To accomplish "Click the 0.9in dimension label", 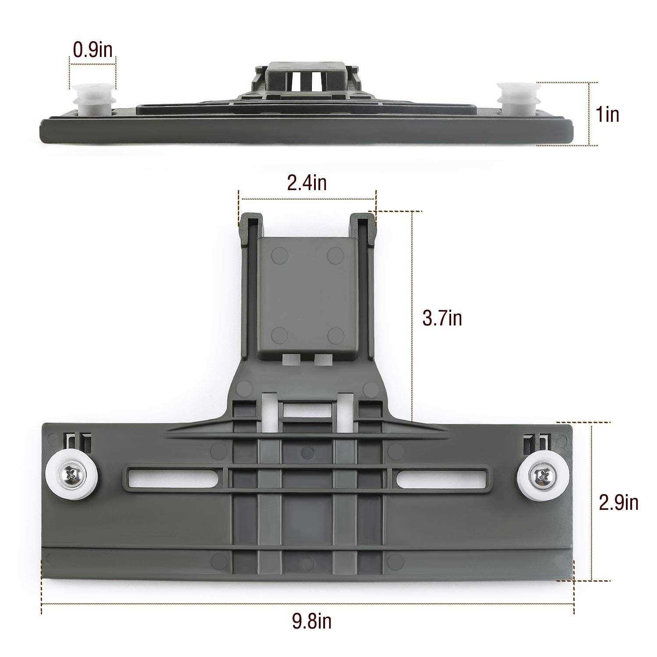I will (x=92, y=50).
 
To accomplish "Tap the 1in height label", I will (x=607, y=115).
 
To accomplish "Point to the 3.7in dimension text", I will (x=442, y=318).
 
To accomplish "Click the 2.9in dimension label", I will (x=618, y=503).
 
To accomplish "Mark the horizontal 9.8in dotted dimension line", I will (x=307, y=604).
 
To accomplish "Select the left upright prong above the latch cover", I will (x=250, y=228).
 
